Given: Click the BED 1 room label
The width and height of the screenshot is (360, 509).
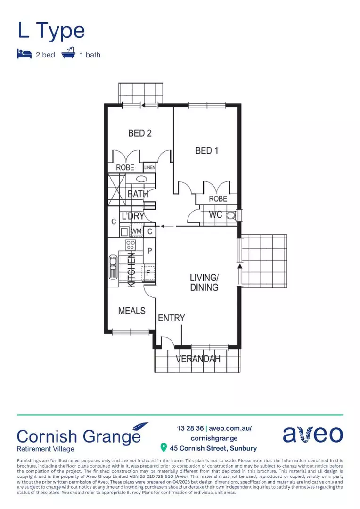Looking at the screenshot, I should pyautogui.click(x=207, y=151).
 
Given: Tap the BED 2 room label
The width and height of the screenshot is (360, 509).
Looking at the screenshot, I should pyautogui.click(x=140, y=133).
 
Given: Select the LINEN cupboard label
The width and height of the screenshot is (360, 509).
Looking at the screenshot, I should pyautogui.click(x=150, y=167).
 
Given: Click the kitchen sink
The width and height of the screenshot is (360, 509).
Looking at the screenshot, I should pyautogui.click(x=113, y=267).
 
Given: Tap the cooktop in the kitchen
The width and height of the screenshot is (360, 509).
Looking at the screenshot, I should pyautogui.click(x=131, y=245).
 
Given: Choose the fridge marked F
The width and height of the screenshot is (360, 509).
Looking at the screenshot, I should pyautogui.click(x=149, y=272).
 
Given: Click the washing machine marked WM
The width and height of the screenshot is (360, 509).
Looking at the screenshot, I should pyautogui.click(x=137, y=231).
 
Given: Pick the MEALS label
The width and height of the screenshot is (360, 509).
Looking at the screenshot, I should pyautogui.click(x=131, y=311).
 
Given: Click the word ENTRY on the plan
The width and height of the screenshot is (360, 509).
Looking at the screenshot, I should pyautogui.click(x=171, y=319).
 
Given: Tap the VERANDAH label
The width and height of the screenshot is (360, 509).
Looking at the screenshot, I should pyautogui.click(x=198, y=359).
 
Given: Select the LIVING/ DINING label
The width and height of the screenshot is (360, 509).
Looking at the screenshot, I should pyautogui.click(x=204, y=282).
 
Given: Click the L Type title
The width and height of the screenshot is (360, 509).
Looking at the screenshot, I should pyautogui.click(x=51, y=31).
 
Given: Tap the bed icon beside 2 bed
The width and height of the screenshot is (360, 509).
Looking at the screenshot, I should pyautogui.click(x=24, y=54).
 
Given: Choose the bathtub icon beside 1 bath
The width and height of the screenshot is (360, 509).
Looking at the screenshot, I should pyautogui.click(x=68, y=54).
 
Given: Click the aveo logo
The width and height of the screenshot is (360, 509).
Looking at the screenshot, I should pyautogui.click(x=312, y=434).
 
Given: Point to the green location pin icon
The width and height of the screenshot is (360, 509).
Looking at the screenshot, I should pyautogui.click(x=164, y=447).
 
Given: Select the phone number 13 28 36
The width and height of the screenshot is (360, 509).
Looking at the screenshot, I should pyautogui.click(x=190, y=428).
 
